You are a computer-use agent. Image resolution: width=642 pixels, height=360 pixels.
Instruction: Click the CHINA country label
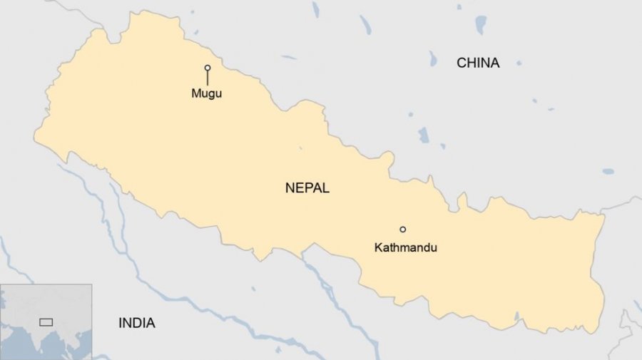click(x=478, y=63)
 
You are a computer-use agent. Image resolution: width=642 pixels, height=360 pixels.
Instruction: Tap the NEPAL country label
click(x=307, y=188)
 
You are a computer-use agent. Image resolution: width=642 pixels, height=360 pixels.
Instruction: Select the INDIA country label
click(x=136, y=323)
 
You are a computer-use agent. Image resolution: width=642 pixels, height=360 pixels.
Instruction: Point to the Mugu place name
click(x=206, y=93)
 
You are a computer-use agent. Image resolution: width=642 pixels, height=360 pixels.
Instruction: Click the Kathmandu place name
click(x=405, y=247)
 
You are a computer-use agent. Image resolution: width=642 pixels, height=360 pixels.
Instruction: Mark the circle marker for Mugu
click(x=208, y=68)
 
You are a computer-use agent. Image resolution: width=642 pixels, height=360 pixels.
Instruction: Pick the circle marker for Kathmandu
click(x=402, y=230)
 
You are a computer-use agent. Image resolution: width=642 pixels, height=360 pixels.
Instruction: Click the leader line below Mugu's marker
click(x=208, y=78)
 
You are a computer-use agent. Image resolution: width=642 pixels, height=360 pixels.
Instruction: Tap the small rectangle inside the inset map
click(x=46, y=322)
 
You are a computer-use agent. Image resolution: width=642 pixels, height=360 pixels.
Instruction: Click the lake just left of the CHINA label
click(x=433, y=58)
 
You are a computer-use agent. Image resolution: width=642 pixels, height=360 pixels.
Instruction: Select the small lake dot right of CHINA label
click(x=519, y=63)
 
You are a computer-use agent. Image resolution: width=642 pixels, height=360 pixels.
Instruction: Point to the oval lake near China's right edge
click(x=608, y=172)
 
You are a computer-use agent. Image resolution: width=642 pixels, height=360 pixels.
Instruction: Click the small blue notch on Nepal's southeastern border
click(x=516, y=316)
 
